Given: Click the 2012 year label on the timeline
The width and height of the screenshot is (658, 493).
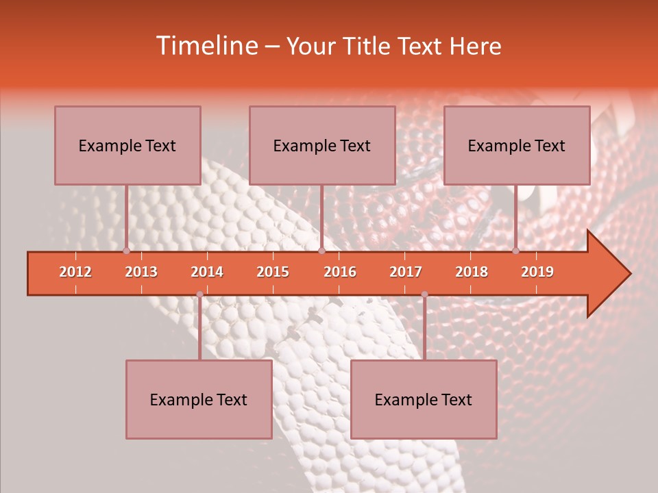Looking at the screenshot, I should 75,272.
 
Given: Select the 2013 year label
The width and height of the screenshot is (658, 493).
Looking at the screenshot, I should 141,272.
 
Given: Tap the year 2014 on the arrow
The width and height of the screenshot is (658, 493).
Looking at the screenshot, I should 207,272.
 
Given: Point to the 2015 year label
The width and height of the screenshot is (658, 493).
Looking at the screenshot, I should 273,272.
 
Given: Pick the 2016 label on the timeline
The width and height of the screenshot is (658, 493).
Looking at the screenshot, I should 340,272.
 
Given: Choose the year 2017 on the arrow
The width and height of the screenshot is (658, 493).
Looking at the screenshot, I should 406,272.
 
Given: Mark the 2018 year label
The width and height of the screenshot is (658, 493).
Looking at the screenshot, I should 472,272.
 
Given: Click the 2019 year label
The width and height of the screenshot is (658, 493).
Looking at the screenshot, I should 537,272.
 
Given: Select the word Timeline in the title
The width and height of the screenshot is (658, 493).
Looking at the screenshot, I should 206,46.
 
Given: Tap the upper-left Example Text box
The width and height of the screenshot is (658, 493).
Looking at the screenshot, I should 127,145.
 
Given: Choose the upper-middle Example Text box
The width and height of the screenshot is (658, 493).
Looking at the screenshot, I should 322,145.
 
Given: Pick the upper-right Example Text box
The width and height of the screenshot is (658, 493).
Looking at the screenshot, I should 517,145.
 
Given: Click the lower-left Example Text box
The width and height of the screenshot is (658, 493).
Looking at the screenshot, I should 199,399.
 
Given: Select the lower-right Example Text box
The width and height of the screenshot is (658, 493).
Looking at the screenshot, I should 424,399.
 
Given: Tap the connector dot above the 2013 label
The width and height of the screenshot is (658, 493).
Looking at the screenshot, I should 126,251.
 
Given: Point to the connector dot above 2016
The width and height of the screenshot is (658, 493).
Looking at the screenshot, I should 321,251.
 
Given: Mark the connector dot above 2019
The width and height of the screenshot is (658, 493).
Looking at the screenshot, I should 516,251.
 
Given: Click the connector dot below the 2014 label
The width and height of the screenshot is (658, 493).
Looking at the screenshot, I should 199,294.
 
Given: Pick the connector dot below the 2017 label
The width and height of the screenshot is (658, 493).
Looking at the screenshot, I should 424,294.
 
